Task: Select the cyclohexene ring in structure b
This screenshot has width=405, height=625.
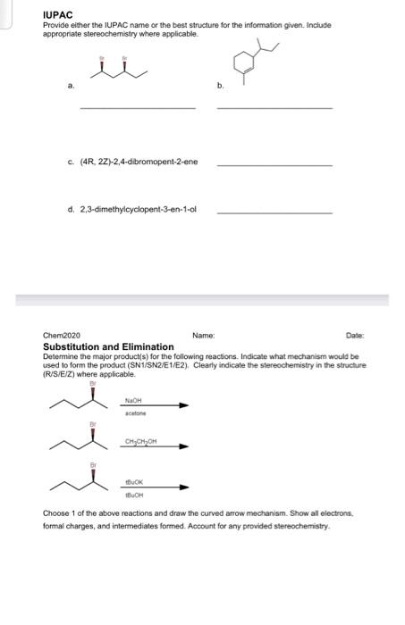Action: point(241,65)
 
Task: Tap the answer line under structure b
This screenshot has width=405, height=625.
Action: point(274,109)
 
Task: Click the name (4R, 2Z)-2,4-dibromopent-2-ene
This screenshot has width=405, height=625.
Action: point(139,162)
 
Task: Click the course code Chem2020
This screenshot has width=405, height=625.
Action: point(61,336)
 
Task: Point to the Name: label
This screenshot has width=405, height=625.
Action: point(203,336)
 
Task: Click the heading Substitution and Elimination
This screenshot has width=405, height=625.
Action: point(108,346)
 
